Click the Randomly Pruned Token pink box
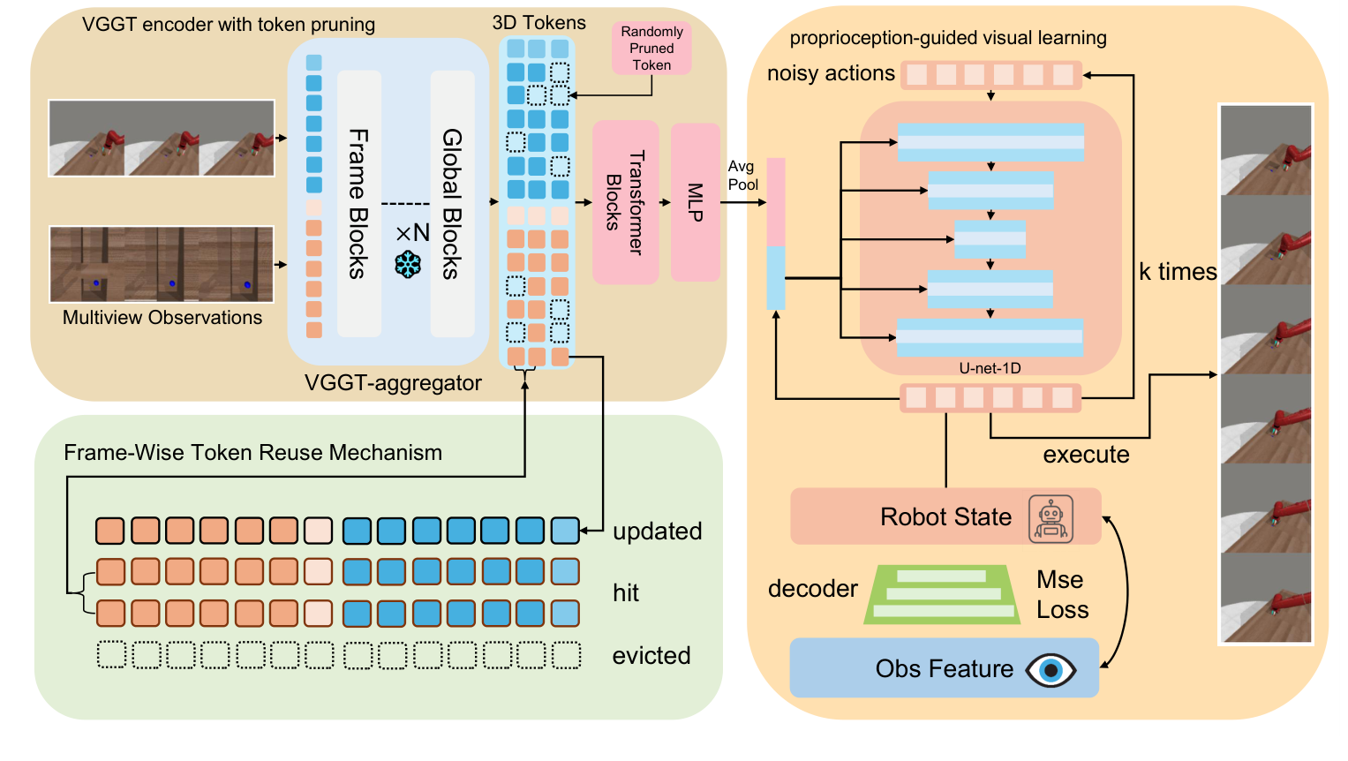651,49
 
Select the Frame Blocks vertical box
358,203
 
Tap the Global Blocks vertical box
452,203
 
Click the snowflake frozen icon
408,264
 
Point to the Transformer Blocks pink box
625,202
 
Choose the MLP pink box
695,202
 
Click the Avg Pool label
742,176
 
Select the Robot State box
945,516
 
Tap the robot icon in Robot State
1051,518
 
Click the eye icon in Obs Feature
1051,670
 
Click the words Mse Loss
1062,595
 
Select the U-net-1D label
990,368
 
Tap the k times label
1177,272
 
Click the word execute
1086,455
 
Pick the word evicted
651,656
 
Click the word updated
658,531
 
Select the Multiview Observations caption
162,318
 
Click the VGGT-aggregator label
393,383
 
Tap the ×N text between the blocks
412,233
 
